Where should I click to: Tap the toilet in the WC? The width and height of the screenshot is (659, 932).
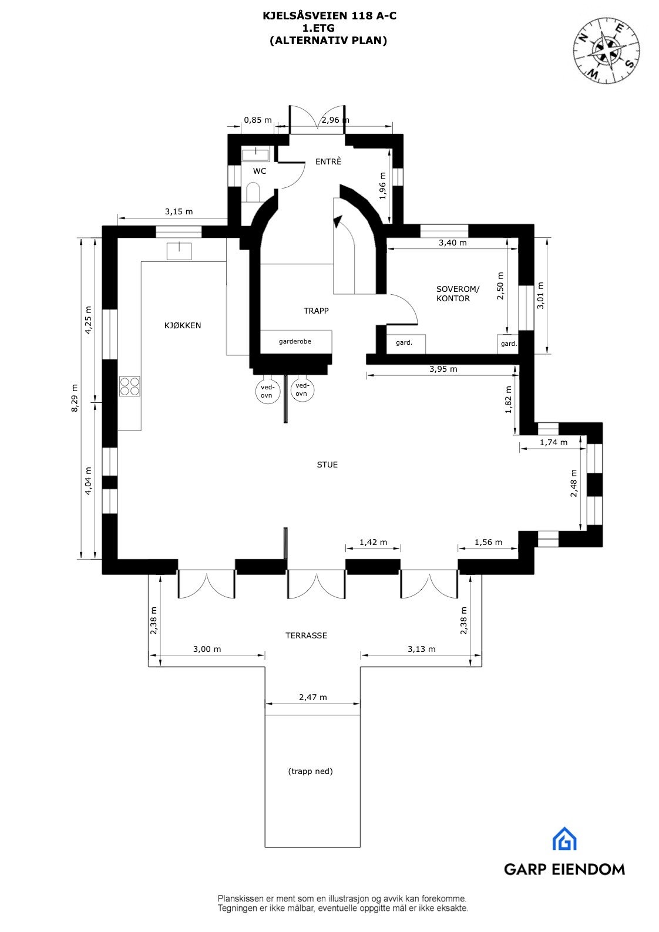253,192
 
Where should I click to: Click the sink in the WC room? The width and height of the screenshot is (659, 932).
255,154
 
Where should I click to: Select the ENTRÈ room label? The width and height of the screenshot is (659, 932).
328,161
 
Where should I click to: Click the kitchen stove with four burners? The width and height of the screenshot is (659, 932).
130,386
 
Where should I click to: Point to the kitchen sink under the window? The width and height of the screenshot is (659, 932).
179,251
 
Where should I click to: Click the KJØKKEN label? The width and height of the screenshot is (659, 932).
182,325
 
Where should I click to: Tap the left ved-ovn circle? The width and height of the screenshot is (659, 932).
267,391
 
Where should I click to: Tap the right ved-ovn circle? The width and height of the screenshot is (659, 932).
301,389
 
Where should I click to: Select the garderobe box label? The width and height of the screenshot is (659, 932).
295,341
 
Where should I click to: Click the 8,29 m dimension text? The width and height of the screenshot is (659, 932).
75,398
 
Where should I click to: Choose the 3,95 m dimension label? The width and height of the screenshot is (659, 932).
443,369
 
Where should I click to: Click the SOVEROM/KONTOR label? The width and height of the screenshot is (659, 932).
457,294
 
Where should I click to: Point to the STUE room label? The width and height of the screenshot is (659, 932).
327,465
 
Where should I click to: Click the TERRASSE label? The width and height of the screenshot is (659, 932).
306,635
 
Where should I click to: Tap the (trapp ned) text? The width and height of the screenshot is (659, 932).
310,771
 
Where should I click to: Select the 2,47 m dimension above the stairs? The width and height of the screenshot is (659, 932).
312,698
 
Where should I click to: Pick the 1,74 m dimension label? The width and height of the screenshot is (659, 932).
553,442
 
